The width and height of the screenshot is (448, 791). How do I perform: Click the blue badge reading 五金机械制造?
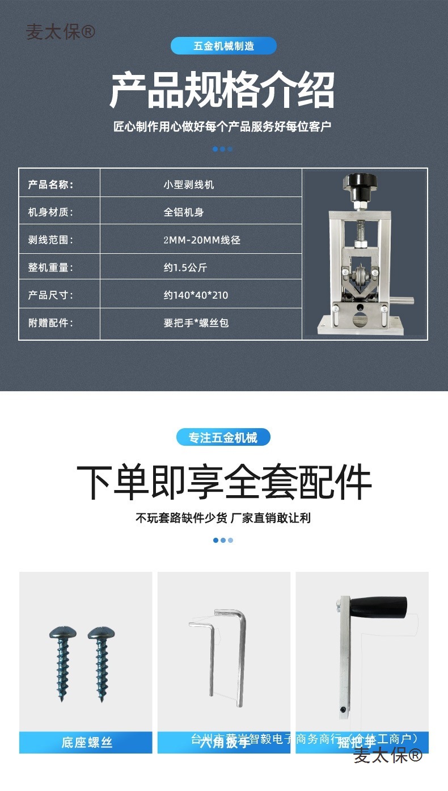(223, 46)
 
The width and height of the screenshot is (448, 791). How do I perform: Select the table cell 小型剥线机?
(188, 185)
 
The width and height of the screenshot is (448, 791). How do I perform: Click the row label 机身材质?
(50, 212)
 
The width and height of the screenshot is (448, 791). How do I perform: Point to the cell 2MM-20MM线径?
(202, 240)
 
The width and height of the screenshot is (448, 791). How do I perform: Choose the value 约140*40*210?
(196, 295)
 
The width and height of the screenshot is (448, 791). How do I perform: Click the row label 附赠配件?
(50, 323)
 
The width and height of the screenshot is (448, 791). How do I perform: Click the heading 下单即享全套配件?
(223, 483)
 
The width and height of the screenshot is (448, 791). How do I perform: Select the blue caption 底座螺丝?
(86, 743)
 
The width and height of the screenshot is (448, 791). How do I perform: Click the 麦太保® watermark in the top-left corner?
(60, 32)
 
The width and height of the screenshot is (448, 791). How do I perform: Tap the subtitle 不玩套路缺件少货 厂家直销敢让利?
(223, 518)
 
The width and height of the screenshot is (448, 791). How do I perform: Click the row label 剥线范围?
(50, 240)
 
